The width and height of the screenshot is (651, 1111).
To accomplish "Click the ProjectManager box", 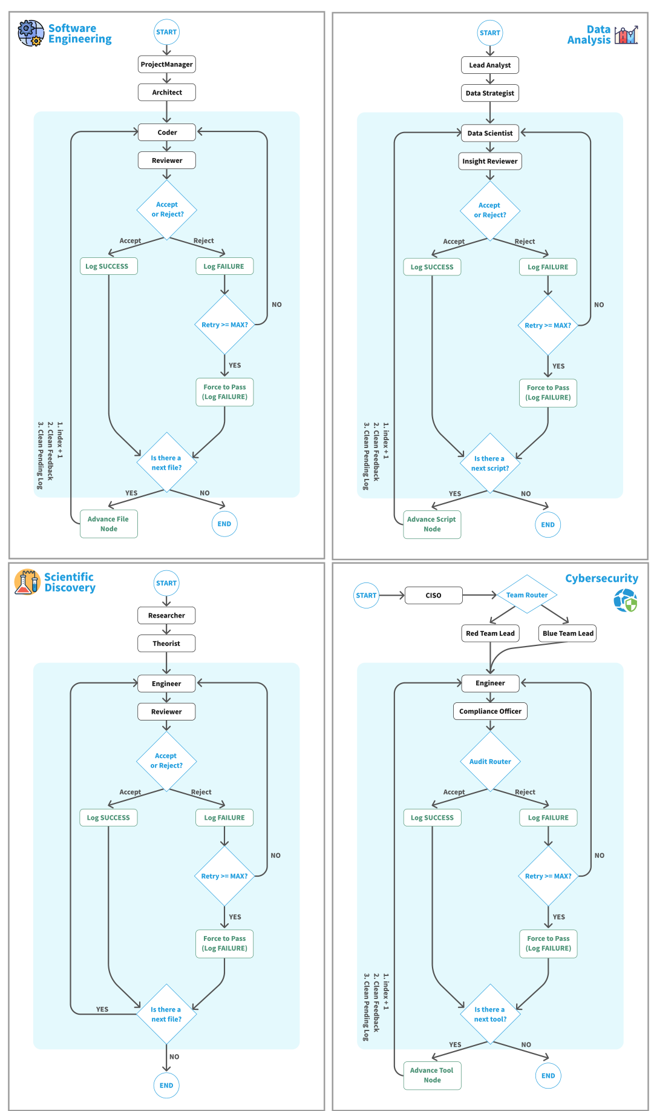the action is [x=166, y=64].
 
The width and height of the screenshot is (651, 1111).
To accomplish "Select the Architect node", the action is [x=166, y=92].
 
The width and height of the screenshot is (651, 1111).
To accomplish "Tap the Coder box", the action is [x=167, y=132].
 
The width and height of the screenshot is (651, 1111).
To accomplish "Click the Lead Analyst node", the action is [x=490, y=65].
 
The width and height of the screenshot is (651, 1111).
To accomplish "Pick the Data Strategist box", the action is [x=490, y=93].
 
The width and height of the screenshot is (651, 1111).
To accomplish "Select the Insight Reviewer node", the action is [x=490, y=161].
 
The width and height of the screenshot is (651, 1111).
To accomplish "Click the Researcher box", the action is [x=166, y=615].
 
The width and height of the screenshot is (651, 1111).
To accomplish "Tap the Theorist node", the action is [x=166, y=643].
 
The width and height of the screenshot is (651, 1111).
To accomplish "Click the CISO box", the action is [x=433, y=595].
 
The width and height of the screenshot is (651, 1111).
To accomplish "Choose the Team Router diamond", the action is [x=527, y=595].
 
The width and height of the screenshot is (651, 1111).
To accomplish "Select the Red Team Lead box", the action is [x=490, y=633].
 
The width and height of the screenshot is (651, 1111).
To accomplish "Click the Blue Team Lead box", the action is [x=568, y=633].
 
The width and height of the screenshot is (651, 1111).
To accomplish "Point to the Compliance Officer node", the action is [x=490, y=711].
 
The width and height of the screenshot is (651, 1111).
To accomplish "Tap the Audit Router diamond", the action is [x=490, y=761].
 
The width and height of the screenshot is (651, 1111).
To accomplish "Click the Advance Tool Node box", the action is [x=432, y=1075].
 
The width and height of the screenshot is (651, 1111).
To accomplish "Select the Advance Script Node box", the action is [x=432, y=524].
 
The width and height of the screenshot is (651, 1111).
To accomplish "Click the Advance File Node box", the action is [x=109, y=524].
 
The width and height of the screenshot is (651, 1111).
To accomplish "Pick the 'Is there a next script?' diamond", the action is [x=490, y=463].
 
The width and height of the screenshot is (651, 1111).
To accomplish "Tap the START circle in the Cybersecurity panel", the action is [x=366, y=595].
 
